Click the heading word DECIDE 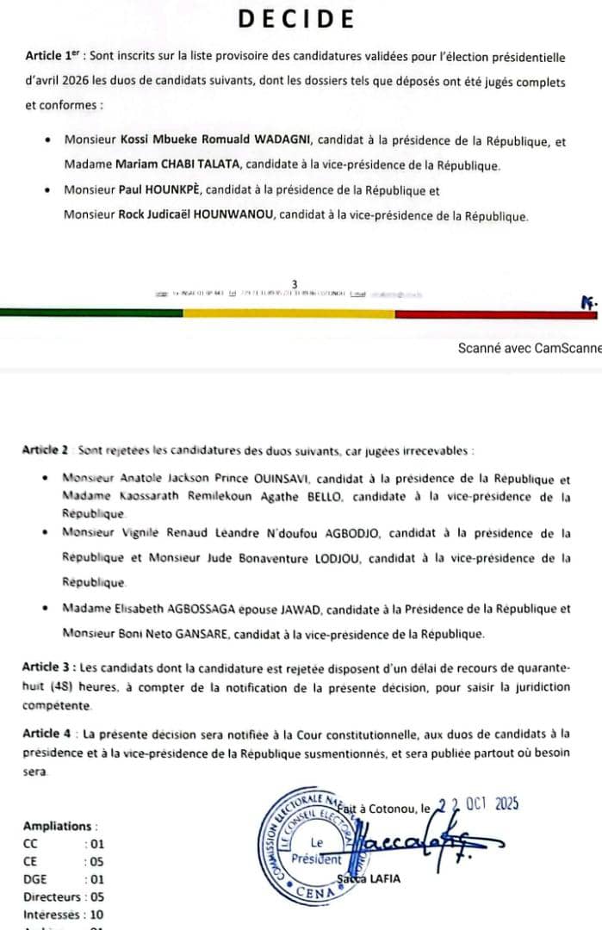pos(296,19)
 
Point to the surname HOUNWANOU pos(223,215)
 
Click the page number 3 pos(295,283)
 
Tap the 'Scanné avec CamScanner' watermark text pos(530,348)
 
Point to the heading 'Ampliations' pos(60,826)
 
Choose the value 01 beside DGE pos(95,879)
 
